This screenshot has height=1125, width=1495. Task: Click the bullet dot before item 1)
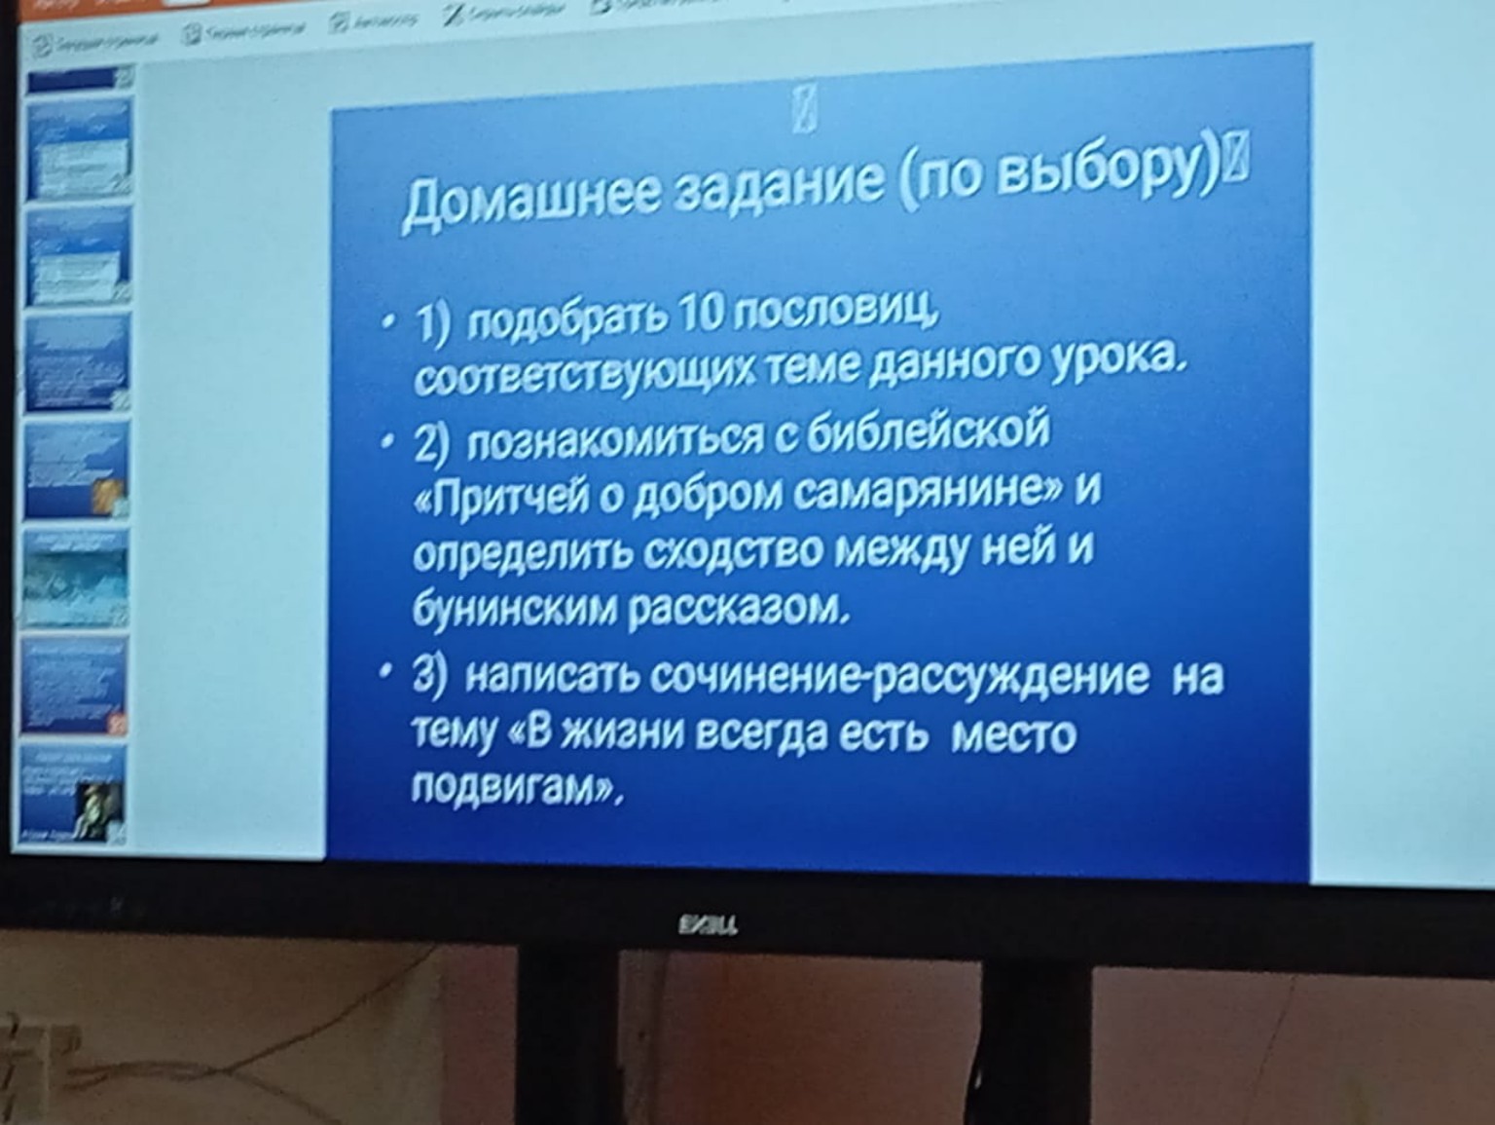389,321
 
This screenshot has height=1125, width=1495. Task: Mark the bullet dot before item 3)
388,673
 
